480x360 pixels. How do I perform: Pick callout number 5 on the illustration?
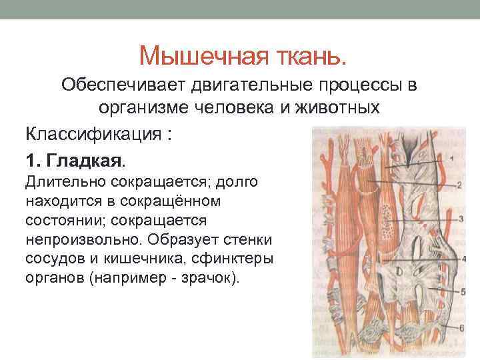[x=461, y=291]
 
